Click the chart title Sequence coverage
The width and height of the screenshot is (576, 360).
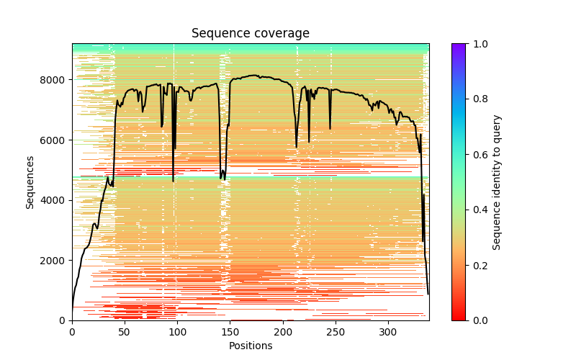pos(251,33)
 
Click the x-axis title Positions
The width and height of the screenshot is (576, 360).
pos(251,346)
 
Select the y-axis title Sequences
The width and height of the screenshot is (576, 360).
pos(30,181)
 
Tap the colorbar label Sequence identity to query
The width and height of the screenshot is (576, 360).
pos(497,181)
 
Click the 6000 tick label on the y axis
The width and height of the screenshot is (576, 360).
pos(55,140)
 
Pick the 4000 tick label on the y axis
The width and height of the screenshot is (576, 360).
pos(55,200)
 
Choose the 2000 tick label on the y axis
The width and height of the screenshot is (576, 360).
pos(55,260)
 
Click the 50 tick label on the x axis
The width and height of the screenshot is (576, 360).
pos(125,332)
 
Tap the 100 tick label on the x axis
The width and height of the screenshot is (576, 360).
pos(177,332)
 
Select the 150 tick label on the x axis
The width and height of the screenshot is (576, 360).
pos(230,332)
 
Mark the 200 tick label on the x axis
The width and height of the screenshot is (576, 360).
pos(282,332)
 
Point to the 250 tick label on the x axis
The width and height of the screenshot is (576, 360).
pos(335,332)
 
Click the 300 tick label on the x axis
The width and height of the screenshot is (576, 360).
pos(387,332)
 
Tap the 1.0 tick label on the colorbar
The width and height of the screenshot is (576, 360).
pos(479,44)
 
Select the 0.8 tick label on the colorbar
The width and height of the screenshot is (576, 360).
pos(479,99)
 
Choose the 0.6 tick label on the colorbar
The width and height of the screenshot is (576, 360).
pos(479,155)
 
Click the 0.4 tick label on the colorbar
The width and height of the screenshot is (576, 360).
pos(479,210)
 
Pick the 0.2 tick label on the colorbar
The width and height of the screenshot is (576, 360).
pos(479,265)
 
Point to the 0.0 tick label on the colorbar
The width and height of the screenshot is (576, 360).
pos(479,320)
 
